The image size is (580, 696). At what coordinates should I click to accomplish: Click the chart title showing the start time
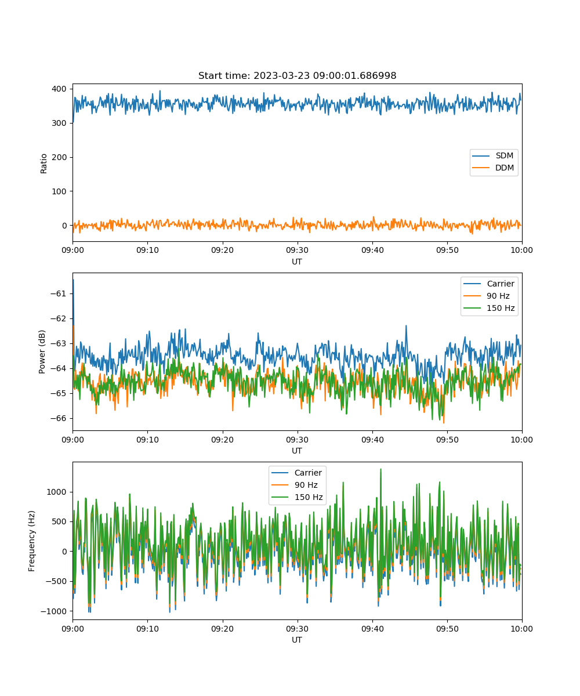(297, 75)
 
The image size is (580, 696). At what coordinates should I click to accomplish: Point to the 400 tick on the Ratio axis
(59, 89)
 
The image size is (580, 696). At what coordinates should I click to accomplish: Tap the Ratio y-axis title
(43, 164)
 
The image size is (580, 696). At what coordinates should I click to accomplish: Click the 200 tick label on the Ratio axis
(59, 157)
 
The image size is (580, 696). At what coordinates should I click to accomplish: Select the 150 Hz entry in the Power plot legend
(489, 308)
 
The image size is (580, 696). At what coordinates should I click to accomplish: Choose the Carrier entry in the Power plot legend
(489, 284)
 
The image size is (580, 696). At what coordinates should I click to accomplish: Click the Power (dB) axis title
(42, 351)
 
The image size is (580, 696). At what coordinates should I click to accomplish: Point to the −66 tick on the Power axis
(58, 418)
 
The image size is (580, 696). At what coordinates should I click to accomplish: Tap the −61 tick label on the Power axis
(58, 293)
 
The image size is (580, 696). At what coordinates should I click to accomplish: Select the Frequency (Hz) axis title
(32, 541)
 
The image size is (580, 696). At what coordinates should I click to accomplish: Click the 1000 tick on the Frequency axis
(56, 492)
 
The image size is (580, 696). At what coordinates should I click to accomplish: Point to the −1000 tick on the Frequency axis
(53, 611)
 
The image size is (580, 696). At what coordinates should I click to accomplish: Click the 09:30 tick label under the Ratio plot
(298, 250)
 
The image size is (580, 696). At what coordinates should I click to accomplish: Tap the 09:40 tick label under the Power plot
(372, 440)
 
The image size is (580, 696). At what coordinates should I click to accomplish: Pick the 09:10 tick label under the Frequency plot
(147, 629)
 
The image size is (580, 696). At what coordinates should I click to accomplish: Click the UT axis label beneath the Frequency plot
(296, 640)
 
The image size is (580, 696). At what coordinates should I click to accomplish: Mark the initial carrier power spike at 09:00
(73, 280)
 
